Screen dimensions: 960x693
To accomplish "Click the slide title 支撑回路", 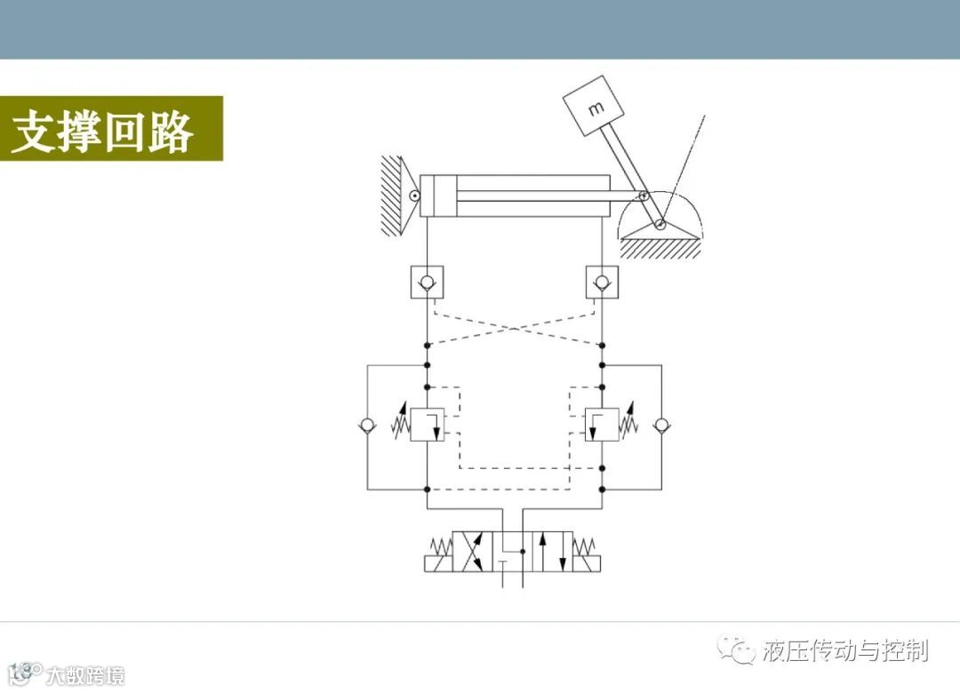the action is click(102, 131).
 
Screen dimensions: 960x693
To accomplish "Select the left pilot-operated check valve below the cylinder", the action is click(427, 283).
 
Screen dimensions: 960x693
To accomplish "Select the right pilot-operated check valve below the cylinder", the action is click(602, 283).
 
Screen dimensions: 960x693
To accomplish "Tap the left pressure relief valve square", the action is click(427, 424).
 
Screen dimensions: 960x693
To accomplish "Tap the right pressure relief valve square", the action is click(602, 424).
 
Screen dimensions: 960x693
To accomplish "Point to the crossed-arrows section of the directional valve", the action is click(472, 552).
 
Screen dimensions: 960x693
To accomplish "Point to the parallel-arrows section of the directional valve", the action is click(552, 552).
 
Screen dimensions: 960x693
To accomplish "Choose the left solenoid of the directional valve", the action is click(438, 562).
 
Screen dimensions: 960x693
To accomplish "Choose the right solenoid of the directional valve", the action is click(586, 562).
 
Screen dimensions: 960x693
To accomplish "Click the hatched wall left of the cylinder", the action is click(392, 195).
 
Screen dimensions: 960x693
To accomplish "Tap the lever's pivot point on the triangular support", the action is click(660, 225).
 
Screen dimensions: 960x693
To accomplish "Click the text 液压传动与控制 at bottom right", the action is click(844, 650).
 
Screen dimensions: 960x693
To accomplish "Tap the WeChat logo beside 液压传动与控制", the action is click(737, 650).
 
